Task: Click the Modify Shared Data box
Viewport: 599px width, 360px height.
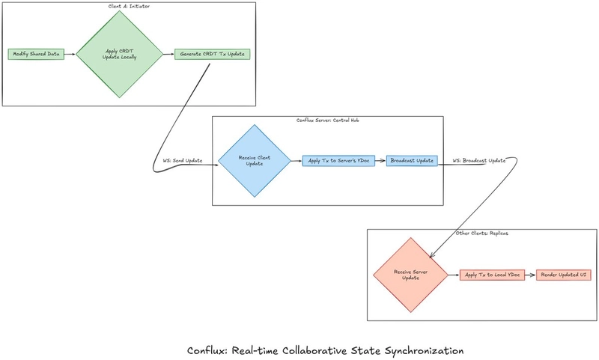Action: (x=35, y=54)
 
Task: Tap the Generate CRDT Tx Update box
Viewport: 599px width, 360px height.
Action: (x=213, y=54)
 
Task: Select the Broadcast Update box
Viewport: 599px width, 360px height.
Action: (x=412, y=161)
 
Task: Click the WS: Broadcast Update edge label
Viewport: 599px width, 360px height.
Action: (x=479, y=161)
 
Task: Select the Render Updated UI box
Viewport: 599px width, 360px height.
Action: (x=565, y=275)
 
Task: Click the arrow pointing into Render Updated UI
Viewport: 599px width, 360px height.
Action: (x=529, y=275)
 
